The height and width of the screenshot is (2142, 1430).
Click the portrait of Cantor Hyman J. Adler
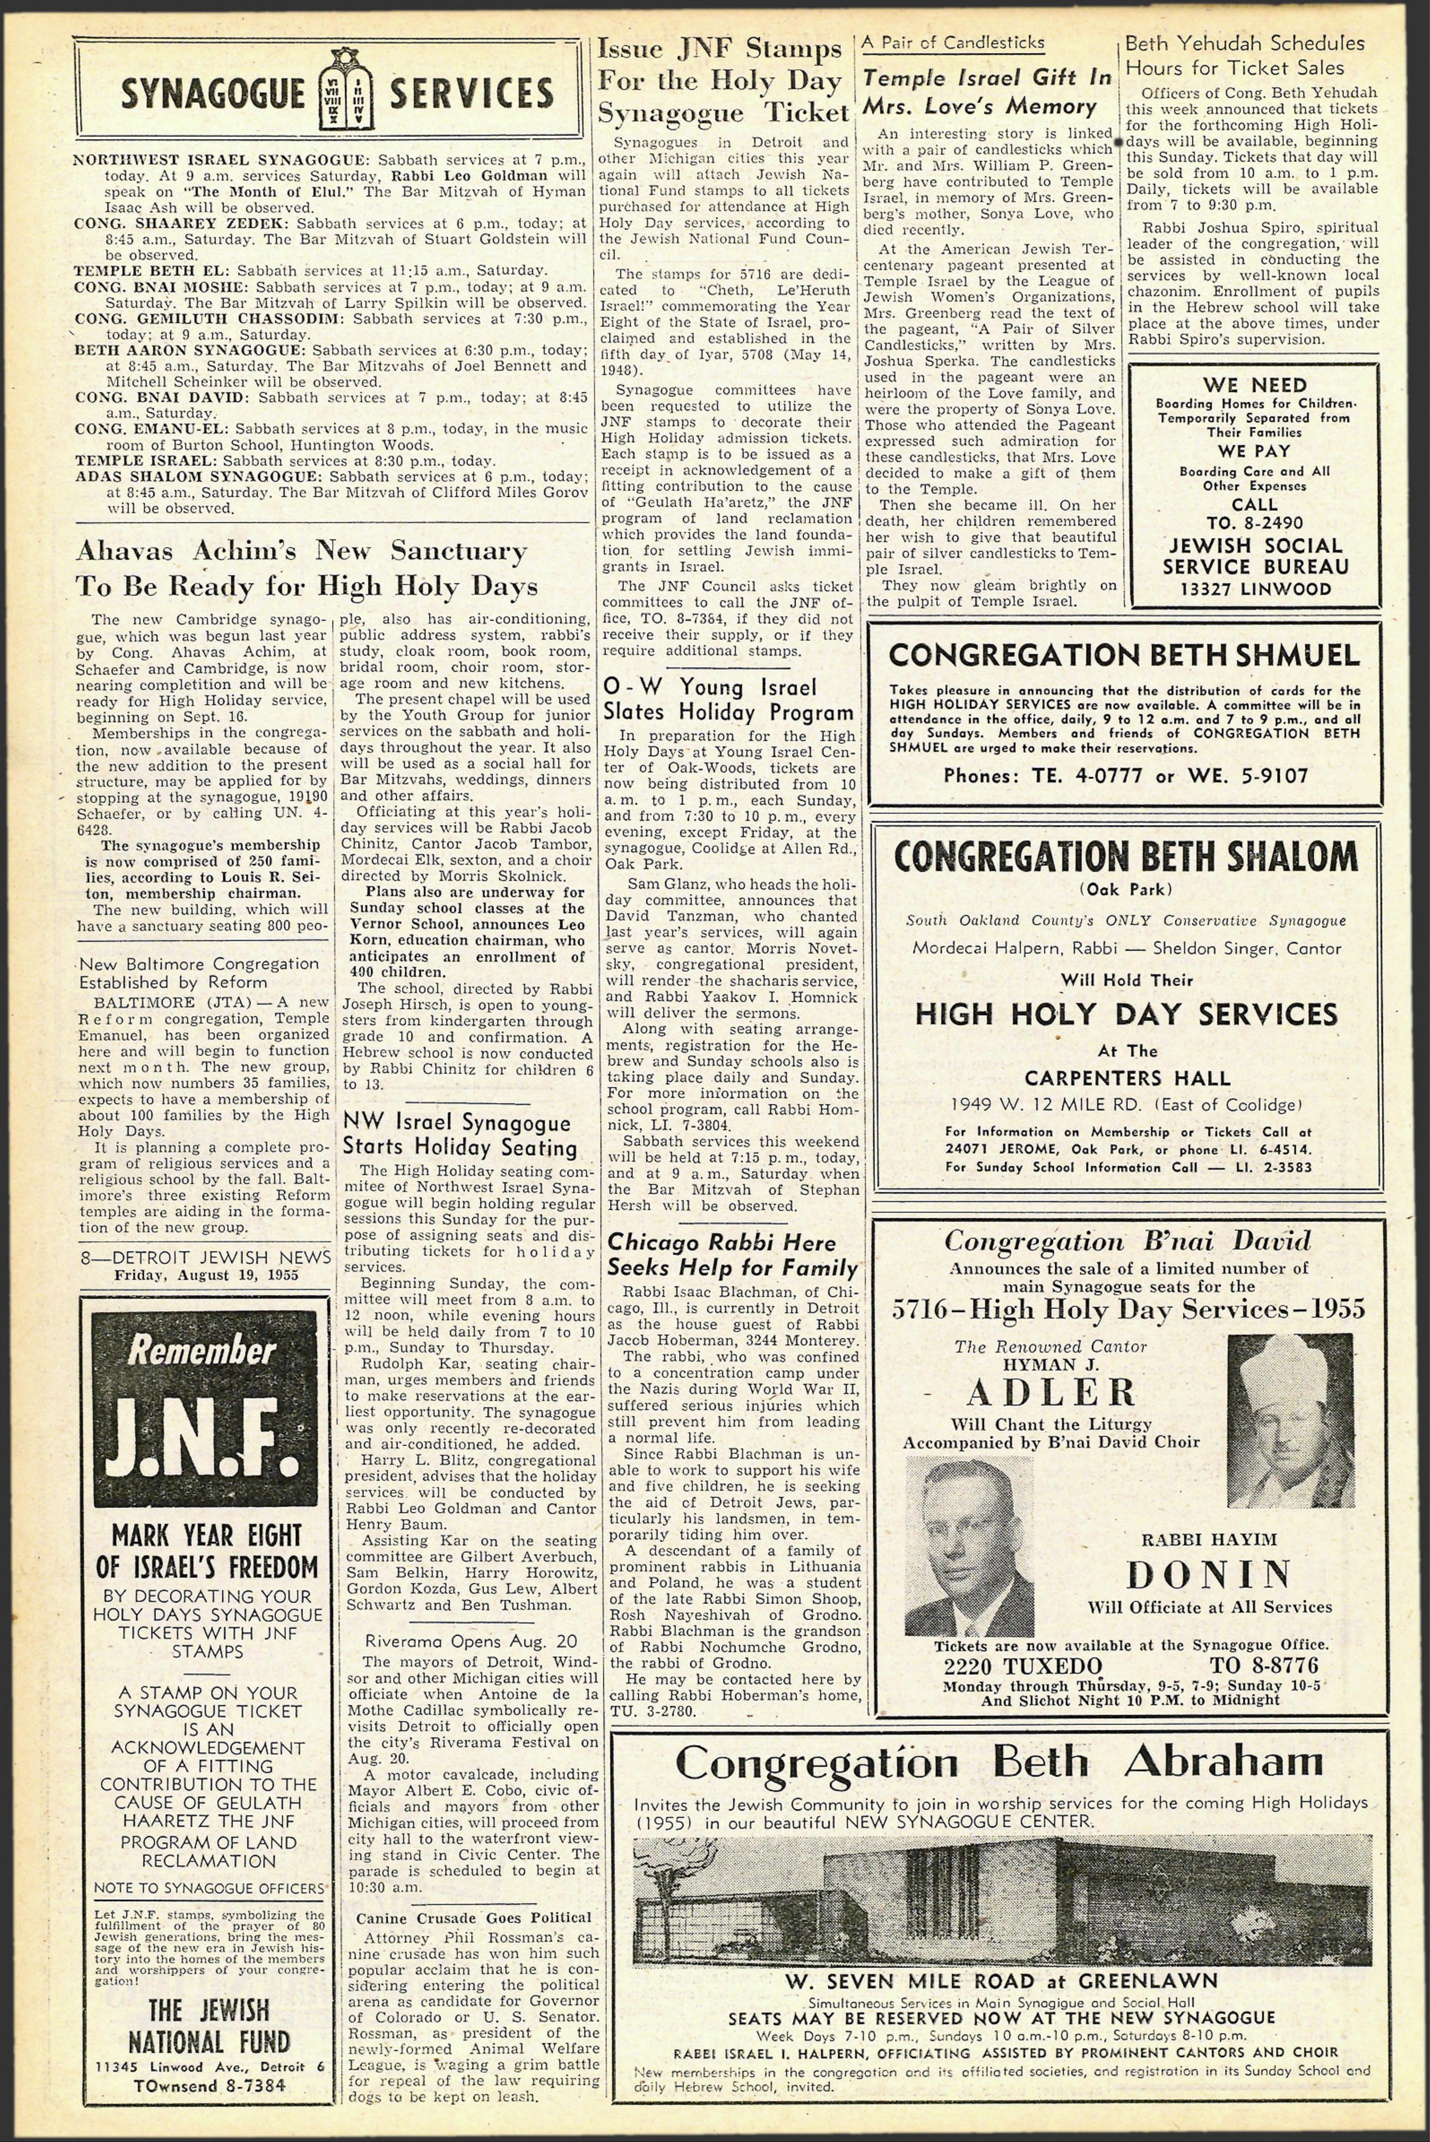(1290, 1420)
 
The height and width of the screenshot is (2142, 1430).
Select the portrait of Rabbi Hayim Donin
(969, 1545)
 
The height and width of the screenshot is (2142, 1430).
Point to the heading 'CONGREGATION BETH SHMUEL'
(1124, 655)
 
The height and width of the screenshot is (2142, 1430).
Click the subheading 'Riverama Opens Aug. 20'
(471, 1641)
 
